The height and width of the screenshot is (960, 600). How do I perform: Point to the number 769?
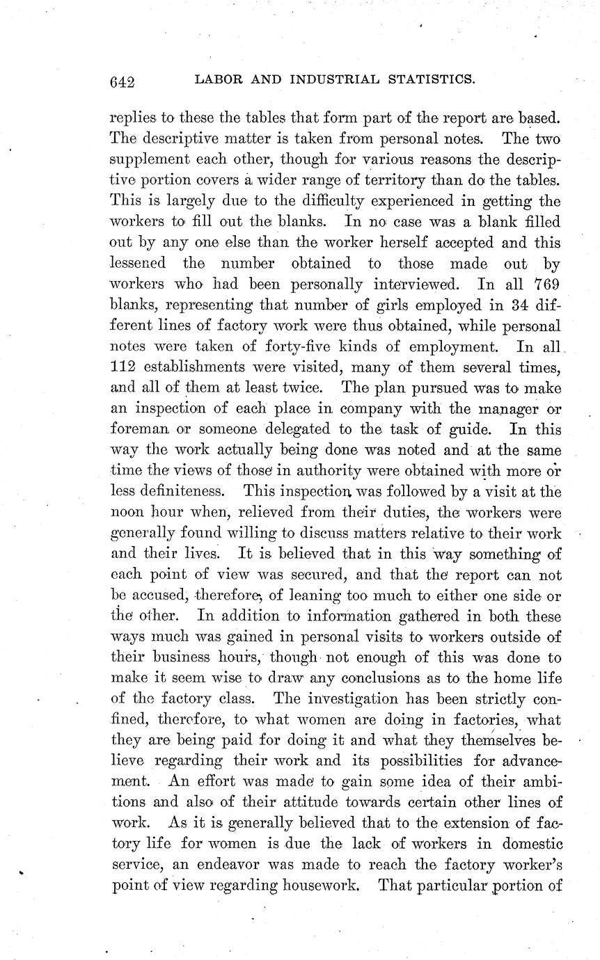(546, 285)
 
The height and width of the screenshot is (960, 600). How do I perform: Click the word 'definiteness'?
(168, 492)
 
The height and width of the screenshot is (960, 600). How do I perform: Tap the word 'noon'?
(127, 513)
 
